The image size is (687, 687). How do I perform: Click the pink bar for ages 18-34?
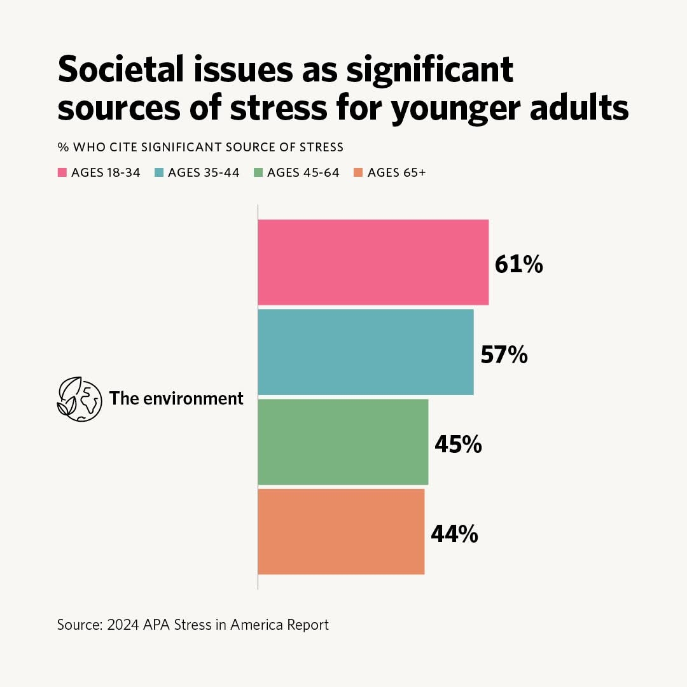(373, 262)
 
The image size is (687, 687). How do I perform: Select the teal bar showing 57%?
(366, 352)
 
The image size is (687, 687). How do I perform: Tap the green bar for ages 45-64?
(343, 441)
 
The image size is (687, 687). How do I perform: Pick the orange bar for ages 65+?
(341, 531)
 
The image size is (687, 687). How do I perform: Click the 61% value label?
(519, 265)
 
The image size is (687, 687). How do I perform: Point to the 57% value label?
(504, 355)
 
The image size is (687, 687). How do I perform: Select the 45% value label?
(458, 445)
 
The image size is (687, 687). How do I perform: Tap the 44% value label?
(454, 534)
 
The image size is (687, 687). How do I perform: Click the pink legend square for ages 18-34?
(62, 172)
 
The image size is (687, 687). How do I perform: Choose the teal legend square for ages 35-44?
(159, 172)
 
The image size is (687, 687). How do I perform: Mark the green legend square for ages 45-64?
(258, 172)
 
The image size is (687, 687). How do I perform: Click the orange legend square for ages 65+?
(359, 172)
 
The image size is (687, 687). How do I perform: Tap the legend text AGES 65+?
(396, 172)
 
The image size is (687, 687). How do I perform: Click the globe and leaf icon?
(80, 399)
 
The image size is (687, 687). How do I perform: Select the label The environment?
(176, 399)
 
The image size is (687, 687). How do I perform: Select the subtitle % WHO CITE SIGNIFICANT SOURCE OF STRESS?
(200, 147)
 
